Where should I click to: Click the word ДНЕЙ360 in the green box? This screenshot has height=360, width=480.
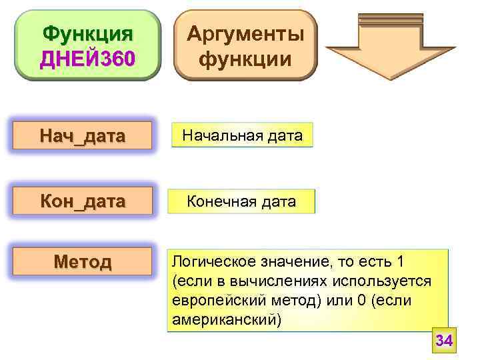click(87, 58)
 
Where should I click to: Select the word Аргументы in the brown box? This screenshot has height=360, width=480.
click(245, 33)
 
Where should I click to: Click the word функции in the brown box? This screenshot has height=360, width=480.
click(245, 59)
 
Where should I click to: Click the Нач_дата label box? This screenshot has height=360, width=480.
click(83, 137)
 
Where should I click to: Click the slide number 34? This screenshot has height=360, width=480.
click(444, 341)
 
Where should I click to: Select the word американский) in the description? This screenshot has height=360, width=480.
click(227, 319)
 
